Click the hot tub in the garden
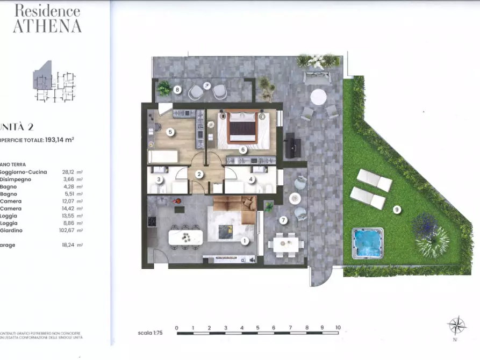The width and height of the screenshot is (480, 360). [x=368, y=243]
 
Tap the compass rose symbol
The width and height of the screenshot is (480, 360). [x=456, y=326]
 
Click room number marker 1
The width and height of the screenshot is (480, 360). [x=245, y=241]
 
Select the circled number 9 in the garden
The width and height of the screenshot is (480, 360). [x=397, y=210]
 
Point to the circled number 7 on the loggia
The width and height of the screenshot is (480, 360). [x=283, y=220]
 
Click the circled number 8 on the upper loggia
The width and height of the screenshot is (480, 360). [x=177, y=90]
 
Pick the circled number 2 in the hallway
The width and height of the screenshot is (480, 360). [x=198, y=174]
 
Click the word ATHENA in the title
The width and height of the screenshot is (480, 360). [x=47, y=26]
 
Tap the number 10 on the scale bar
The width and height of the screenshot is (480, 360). [x=338, y=327]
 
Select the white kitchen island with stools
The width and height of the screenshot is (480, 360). [x=185, y=237]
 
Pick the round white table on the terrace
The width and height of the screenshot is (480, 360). [x=318, y=97]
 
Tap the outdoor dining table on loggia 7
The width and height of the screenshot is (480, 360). [x=285, y=244]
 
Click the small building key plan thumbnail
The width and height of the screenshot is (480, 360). [x=54, y=82]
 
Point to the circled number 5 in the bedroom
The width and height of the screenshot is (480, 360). [x=170, y=132]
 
